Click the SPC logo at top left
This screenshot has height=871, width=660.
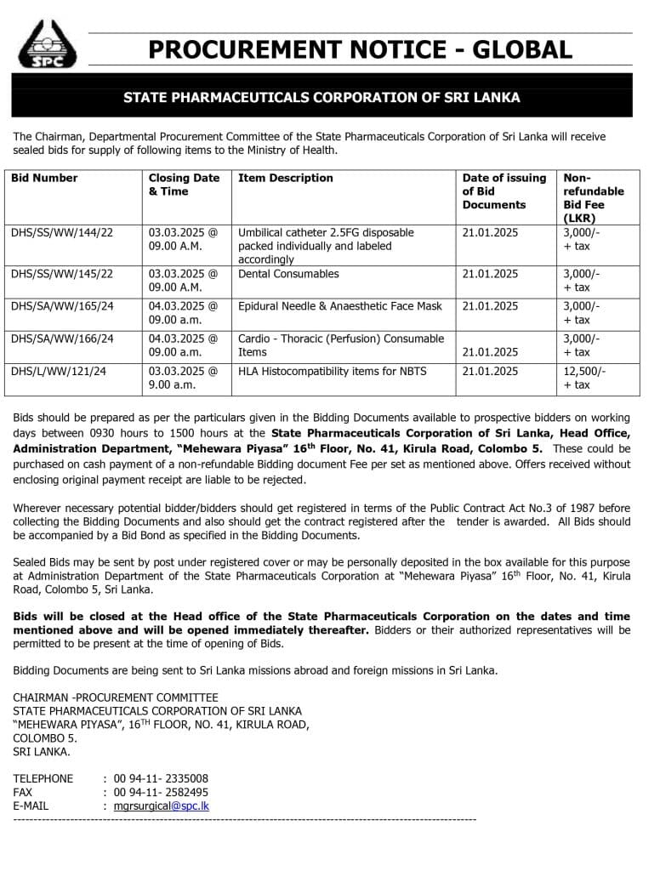coord(47,44)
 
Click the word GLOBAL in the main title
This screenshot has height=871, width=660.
coord(522,49)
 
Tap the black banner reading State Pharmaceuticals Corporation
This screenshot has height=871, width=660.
coord(321,97)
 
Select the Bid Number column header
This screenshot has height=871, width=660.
coord(44,178)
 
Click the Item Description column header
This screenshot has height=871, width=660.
coord(286,178)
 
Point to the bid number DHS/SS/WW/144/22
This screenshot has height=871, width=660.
coord(62,232)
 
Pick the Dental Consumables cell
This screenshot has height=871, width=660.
coord(288,274)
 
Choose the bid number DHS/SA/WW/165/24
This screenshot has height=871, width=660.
coord(62,306)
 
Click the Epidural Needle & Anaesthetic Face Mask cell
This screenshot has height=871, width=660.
coord(340,306)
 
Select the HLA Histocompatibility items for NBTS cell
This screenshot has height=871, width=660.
coord(333,371)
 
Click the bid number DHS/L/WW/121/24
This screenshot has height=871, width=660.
coord(59,371)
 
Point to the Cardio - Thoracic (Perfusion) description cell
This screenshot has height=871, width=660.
coord(341,345)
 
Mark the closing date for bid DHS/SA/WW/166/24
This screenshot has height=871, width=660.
coord(183,345)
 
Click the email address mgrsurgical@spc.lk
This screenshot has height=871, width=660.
coord(162,806)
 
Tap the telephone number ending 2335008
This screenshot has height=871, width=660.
coord(161,778)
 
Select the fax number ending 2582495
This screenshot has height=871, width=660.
coord(161,792)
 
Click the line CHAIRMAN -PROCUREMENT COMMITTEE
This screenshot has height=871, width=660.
coord(116,697)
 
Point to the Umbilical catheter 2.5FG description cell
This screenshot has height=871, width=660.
coord(327,246)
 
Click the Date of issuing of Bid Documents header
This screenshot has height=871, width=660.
coord(504,191)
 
